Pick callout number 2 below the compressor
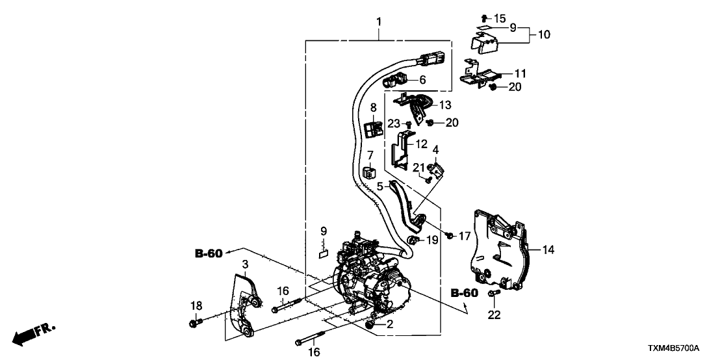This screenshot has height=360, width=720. [390, 324]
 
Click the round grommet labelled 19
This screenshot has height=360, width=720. [412, 242]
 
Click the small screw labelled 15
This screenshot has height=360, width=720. [484, 18]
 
